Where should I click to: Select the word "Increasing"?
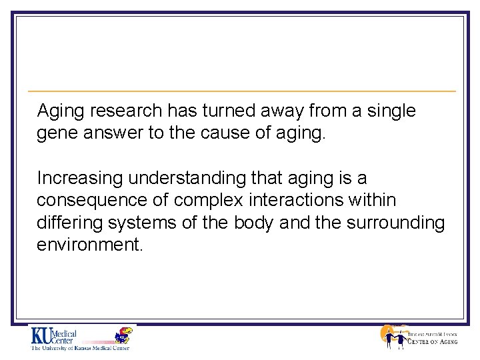click(80, 179)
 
